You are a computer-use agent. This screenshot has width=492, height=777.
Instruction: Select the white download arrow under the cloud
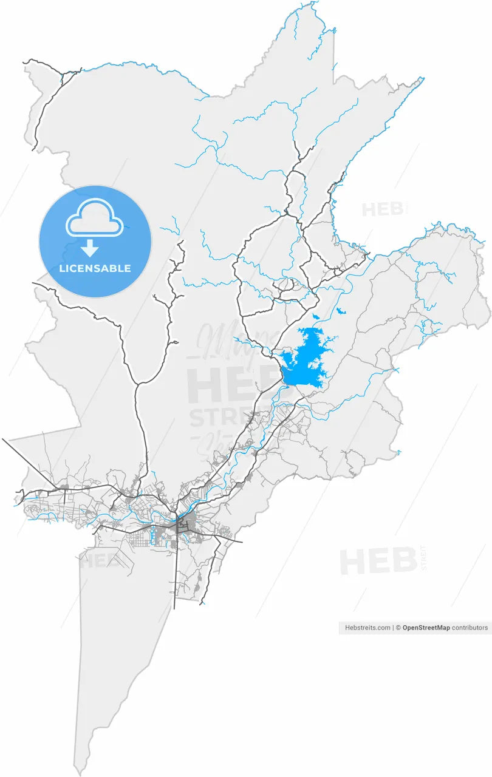pyautogui.click(x=90, y=248)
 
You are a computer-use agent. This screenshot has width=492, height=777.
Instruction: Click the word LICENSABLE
pyautogui.click(x=95, y=268)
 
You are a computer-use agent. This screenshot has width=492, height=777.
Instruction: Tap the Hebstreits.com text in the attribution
pyautogui.click(x=367, y=628)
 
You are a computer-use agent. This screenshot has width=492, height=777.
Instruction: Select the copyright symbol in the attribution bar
pyautogui.click(x=398, y=628)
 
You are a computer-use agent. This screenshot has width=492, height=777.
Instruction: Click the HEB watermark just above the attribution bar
pyautogui.click(x=378, y=562)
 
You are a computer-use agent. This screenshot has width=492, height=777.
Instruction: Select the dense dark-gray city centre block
pyautogui.click(x=185, y=523)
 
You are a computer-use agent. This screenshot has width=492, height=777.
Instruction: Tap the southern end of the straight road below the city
pyautogui.click(x=175, y=608)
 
